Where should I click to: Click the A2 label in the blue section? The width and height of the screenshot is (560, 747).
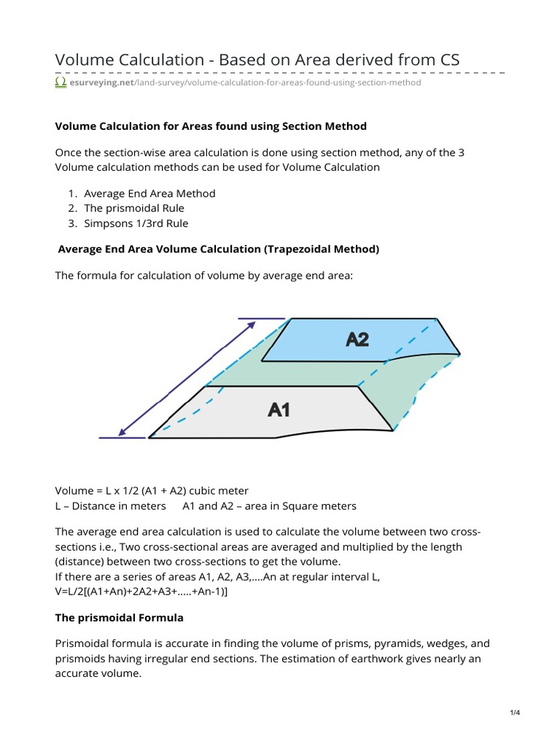point(357,339)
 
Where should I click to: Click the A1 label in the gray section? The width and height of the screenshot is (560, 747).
point(279,410)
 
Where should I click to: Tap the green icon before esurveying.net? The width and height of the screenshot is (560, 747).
point(61,83)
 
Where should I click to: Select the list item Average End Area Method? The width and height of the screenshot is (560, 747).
point(149,194)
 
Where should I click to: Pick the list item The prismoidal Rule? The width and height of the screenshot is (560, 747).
point(134,209)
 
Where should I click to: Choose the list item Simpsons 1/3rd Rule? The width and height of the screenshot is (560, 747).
point(136,223)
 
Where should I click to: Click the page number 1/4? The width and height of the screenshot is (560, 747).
point(515,713)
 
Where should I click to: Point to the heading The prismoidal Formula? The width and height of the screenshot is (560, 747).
point(120,618)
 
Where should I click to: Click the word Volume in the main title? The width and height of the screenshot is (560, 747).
point(86,60)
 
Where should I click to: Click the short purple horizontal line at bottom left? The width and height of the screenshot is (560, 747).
point(122,438)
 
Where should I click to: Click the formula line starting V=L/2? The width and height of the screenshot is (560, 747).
point(141,591)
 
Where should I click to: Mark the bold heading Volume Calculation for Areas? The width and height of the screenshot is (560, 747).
point(211,126)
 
